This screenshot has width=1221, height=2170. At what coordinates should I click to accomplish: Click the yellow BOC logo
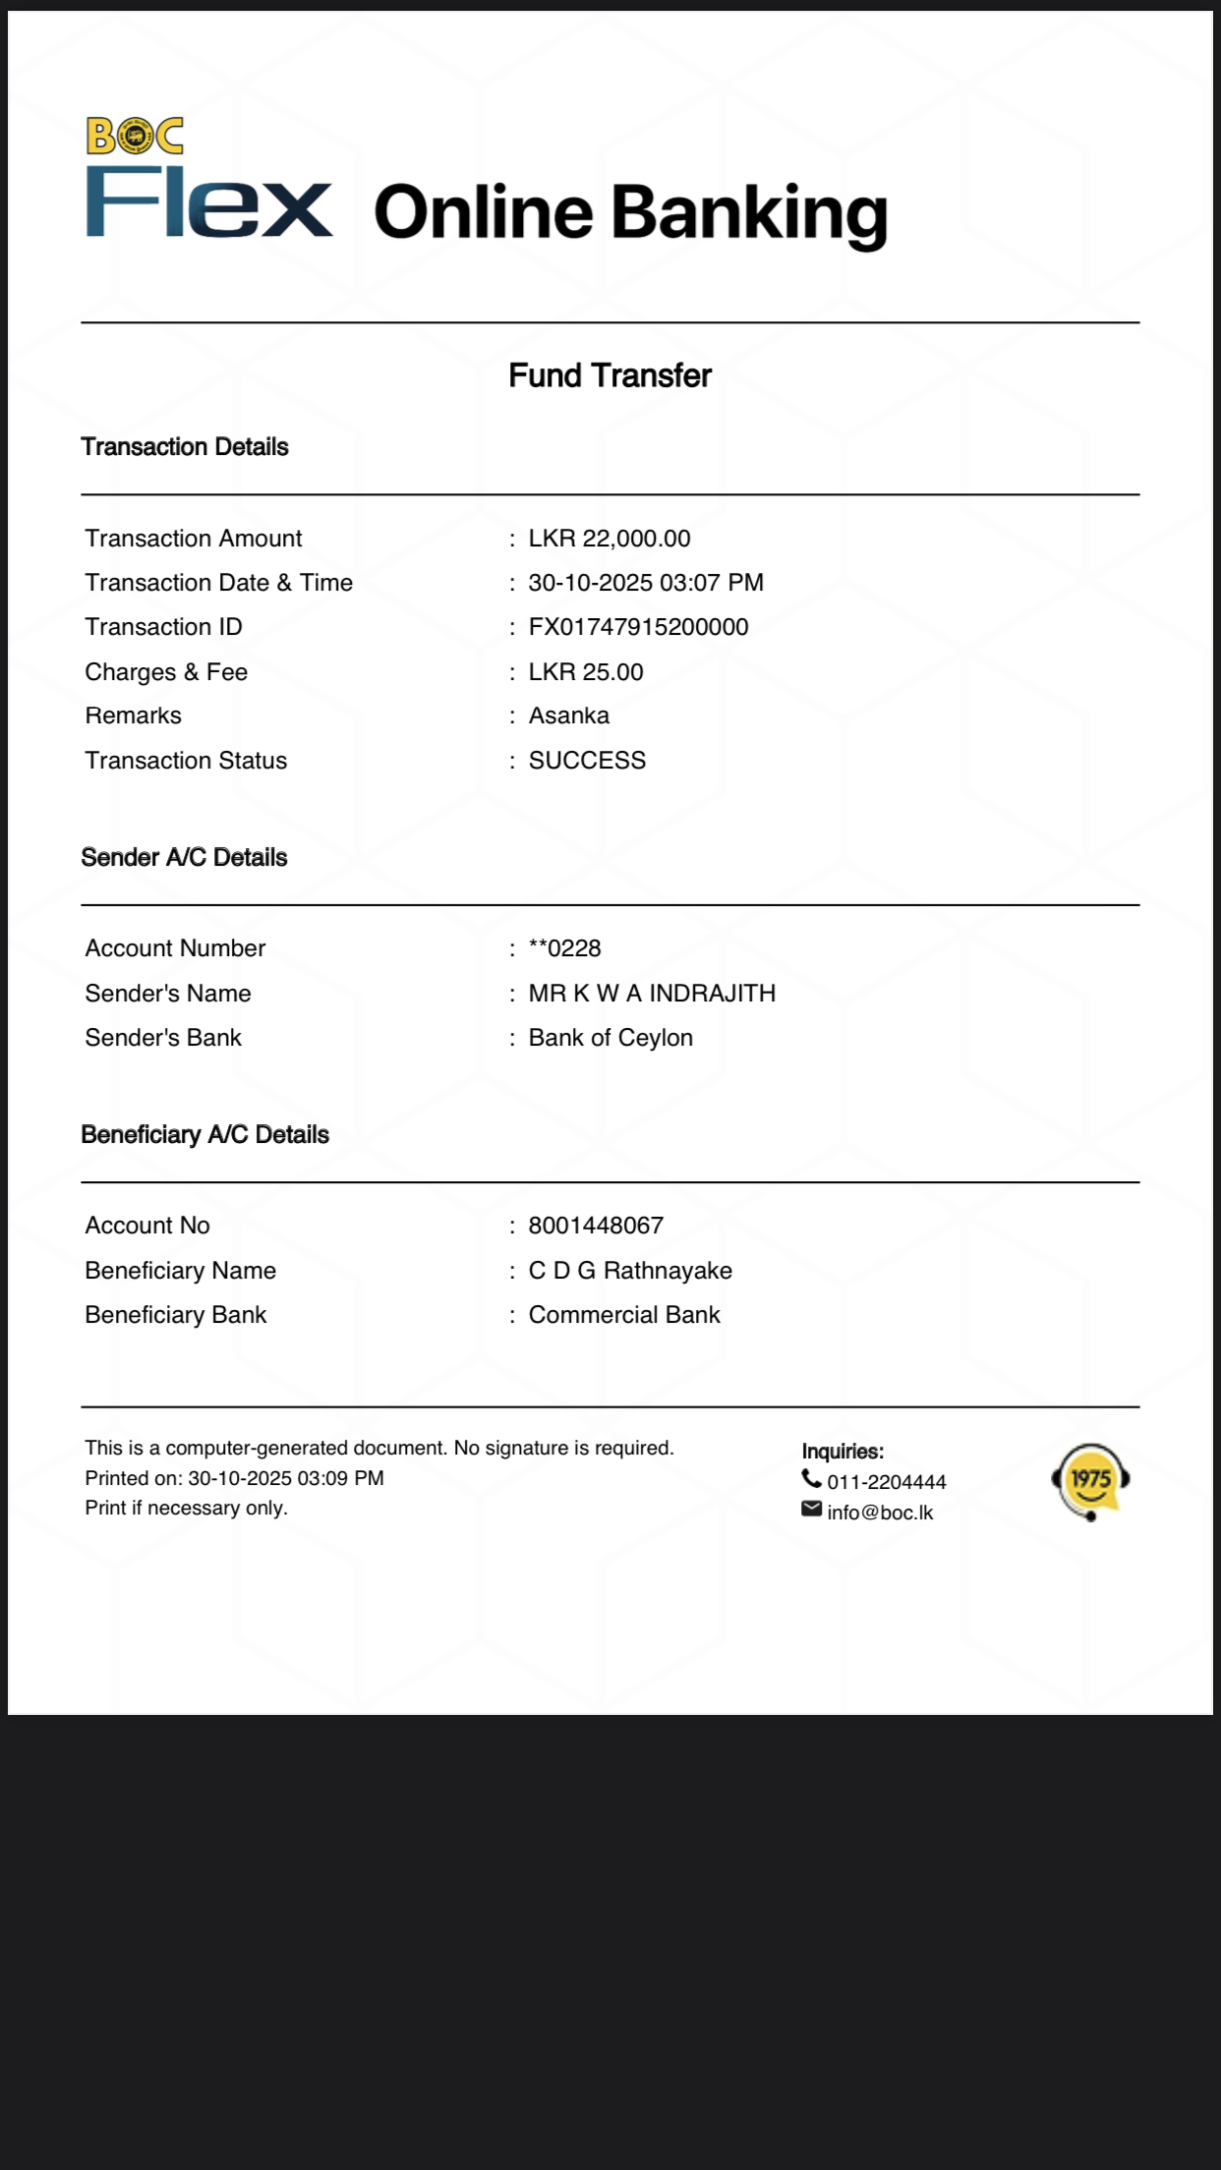coord(135,137)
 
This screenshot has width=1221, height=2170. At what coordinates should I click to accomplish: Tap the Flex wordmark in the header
coord(208,203)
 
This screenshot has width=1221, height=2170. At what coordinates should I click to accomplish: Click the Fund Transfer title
coord(610,375)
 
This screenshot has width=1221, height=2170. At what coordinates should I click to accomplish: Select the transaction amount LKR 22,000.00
coord(609,539)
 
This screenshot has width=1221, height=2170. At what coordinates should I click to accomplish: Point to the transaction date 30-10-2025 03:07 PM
coord(645,583)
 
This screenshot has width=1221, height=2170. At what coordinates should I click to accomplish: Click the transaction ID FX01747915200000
coord(638,627)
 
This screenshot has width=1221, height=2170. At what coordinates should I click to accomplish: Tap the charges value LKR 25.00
coord(585,672)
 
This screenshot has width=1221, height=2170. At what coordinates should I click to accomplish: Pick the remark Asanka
coord(568,715)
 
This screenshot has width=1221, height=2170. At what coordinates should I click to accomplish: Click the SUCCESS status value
coord(587,761)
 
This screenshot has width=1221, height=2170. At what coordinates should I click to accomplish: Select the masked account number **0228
coord(564,948)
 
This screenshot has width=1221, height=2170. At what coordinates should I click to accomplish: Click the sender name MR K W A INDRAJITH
coord(652,994)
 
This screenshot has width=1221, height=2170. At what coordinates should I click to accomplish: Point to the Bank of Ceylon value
coord(610,1038)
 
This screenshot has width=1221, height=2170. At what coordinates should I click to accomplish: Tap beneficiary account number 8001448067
coord(596,1226)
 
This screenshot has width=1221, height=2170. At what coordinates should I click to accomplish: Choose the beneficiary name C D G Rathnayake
coord(630,1271)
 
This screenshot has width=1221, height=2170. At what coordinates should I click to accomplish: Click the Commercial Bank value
coord(624,1315)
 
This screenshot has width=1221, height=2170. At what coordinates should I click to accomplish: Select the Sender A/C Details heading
coord(184,858)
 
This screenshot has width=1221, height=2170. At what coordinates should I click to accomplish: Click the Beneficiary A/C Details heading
coord(204,1135)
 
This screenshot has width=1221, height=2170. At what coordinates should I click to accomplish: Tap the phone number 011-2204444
coord(886,1482)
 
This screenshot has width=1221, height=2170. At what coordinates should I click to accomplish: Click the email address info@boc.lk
coord(880,1513)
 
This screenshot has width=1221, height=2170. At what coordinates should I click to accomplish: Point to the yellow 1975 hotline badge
coord(1090,1480)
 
